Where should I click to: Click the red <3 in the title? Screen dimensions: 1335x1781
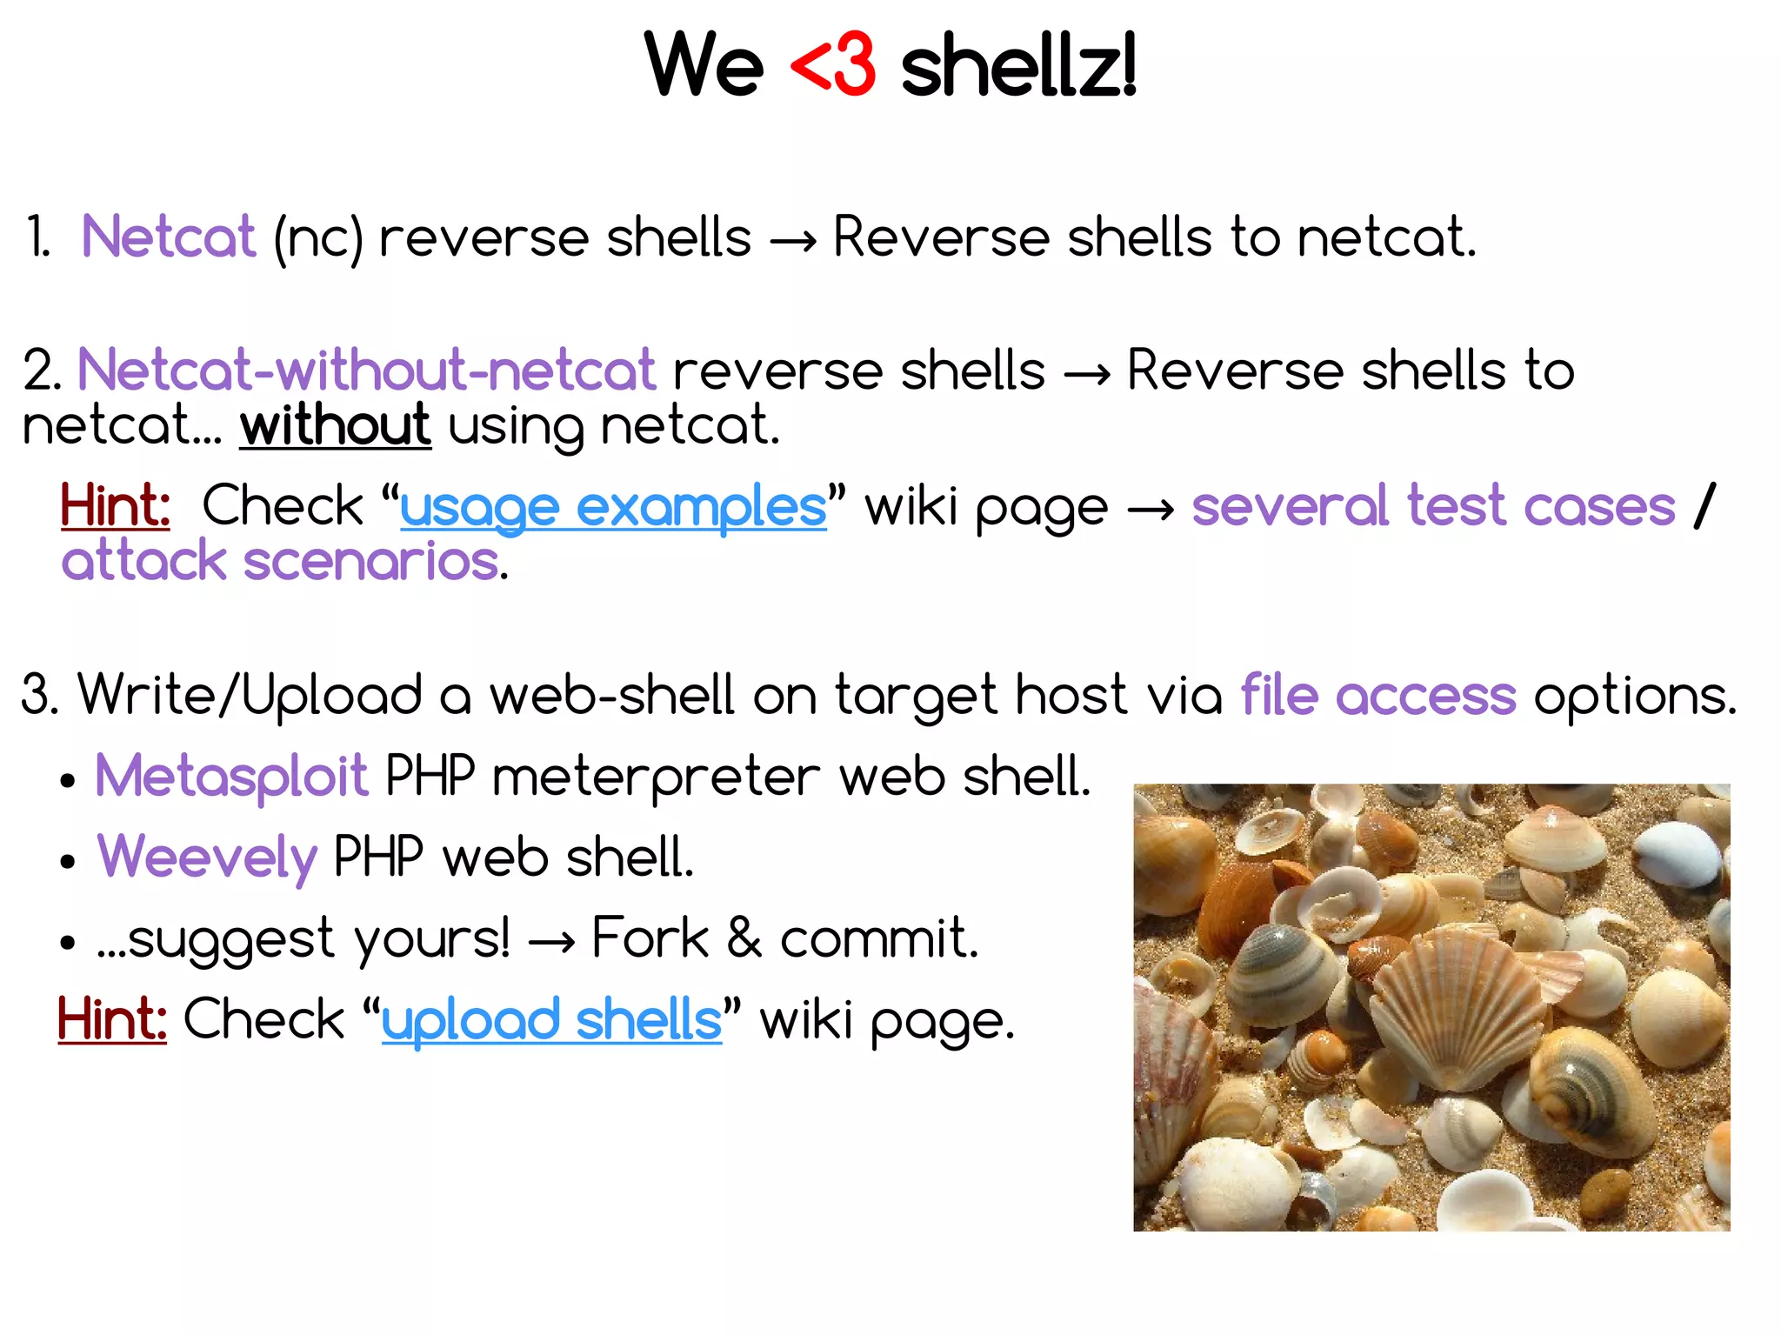832,65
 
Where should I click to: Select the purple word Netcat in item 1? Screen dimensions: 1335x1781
169,237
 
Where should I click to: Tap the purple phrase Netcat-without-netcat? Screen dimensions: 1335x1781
366,370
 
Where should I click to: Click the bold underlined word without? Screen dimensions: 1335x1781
336,425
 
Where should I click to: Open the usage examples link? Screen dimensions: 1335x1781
613,507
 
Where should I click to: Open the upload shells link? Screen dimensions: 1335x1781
551,1019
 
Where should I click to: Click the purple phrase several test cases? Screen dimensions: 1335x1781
1433,506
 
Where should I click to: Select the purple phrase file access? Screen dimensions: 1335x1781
1378,696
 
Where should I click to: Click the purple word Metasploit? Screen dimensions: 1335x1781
231,776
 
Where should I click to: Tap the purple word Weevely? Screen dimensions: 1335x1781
207,858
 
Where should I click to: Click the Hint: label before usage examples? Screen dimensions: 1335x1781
115,506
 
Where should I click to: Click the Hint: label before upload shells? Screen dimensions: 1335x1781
112,1019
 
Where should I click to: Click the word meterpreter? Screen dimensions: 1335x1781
656,776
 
